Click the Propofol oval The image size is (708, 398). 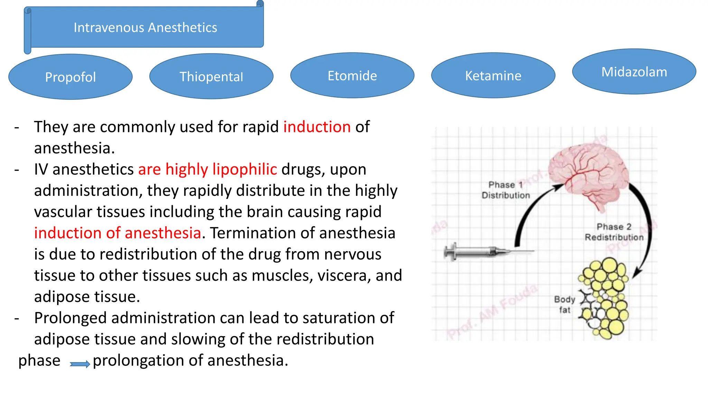pos(70,77)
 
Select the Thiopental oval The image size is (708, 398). pos(211,76)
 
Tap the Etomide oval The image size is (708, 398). pos(352,75)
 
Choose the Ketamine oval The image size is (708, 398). pos(493,75)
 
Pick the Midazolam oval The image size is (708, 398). pos(634,72)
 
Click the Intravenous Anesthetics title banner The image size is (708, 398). pos(145,27)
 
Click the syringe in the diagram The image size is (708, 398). pos(484,252)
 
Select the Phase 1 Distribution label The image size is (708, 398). pos(505,190)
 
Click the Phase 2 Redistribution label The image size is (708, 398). pos(614,232)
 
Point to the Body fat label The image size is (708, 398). pos(565,304)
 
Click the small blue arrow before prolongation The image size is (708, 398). pos(80,363)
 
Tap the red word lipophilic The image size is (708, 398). pos(244,169)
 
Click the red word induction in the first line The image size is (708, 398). pos(317,127)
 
